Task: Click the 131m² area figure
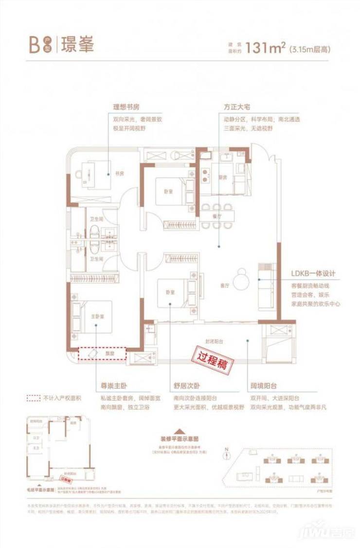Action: coord(266,48)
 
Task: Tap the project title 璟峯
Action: coord(75,44)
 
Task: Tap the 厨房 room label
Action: coord(223,178)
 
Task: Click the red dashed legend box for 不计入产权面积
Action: coord(33,398)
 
